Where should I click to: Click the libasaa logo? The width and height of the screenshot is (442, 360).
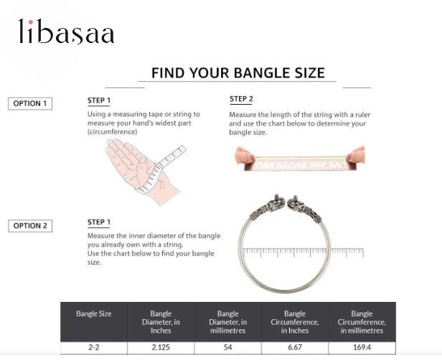click(66, 32)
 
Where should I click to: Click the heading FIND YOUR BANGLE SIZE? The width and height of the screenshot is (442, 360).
click(238, 73)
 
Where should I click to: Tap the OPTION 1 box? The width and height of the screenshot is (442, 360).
click(29, 103)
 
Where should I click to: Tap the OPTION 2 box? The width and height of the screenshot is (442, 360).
click(29, 226)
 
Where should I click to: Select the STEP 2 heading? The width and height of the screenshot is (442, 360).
click(241, 99)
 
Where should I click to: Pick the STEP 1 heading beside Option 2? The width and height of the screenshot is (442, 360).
click(99, 222)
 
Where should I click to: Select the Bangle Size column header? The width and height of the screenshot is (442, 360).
click(94, 313)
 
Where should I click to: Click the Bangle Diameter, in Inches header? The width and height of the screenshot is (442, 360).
click(161, 322)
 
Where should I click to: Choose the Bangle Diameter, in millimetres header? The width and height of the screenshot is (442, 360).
click(227, 322)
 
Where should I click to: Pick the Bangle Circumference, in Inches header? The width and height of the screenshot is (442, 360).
click(294, 322)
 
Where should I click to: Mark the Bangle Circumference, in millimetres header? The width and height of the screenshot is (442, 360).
click(362, 322)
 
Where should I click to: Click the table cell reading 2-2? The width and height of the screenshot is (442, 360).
click(94, 348)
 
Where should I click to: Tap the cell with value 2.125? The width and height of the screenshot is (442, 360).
click(161, 348)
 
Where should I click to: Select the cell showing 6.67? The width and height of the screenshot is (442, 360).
click(294, 348)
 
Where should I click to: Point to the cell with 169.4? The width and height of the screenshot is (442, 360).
click(362, 348)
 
